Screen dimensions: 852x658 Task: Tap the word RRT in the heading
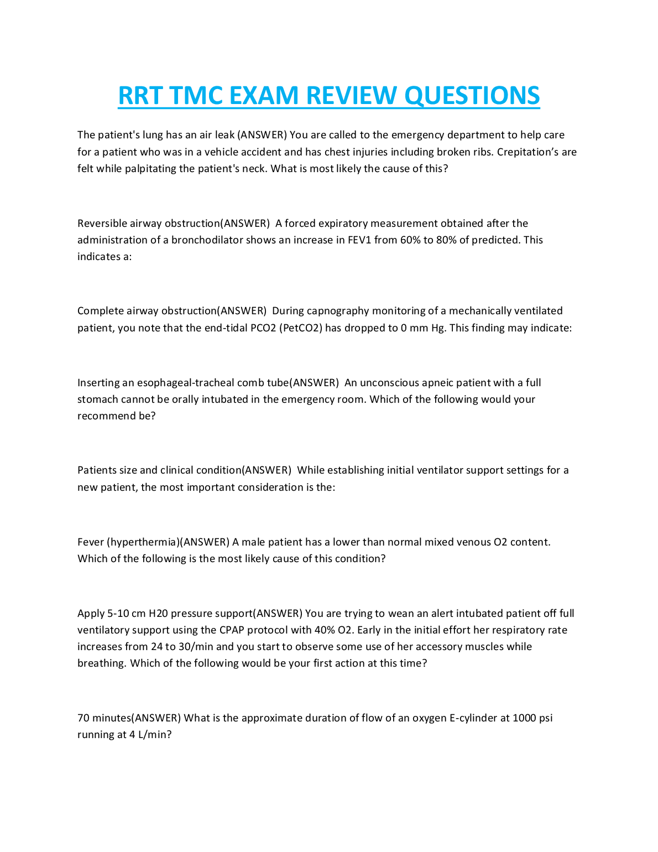[140, 96]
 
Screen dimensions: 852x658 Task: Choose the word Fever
[90, 542]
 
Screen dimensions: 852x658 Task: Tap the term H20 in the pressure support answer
[158, 614]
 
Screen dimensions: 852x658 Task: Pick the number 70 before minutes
[83, 718]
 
